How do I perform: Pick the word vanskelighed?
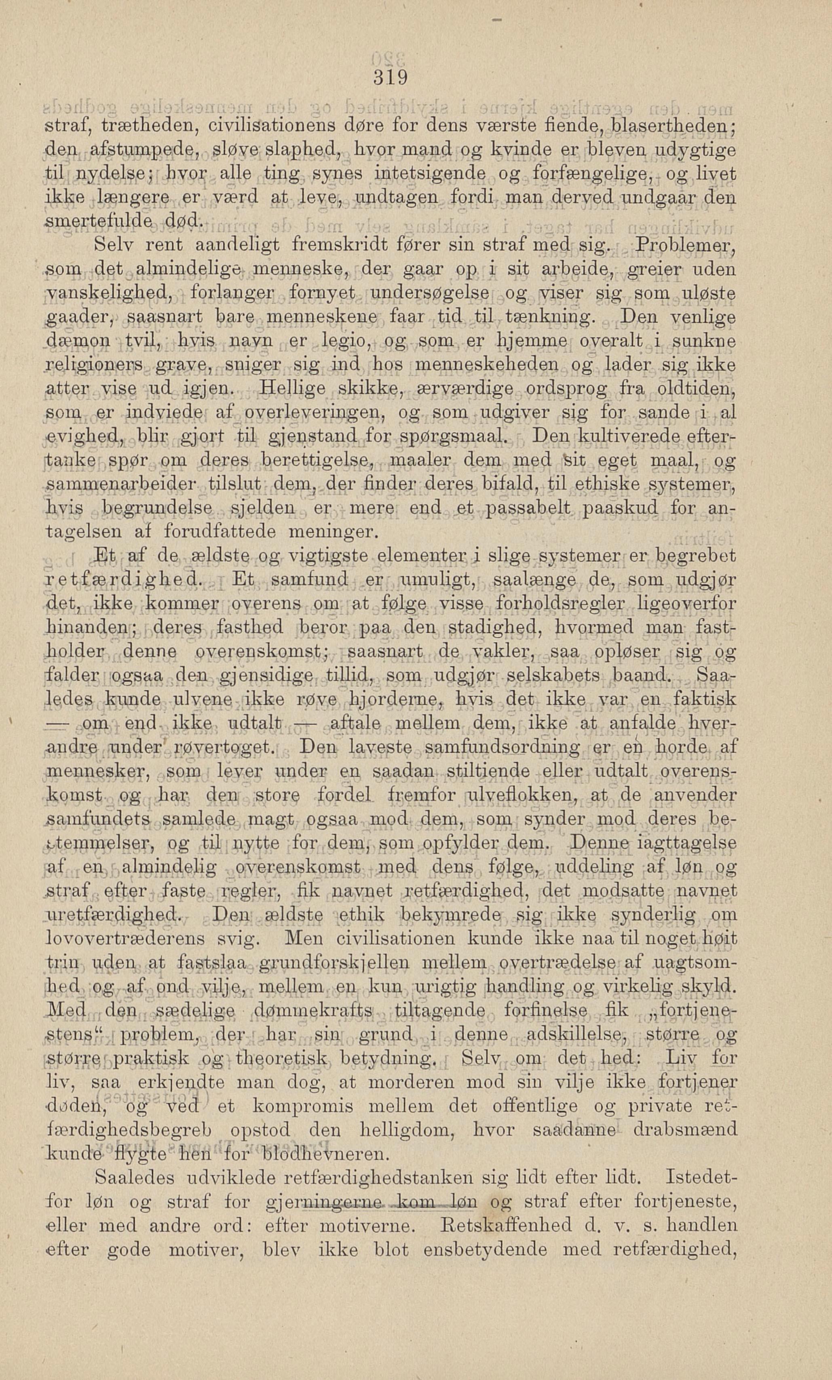[x=110, y=293]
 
